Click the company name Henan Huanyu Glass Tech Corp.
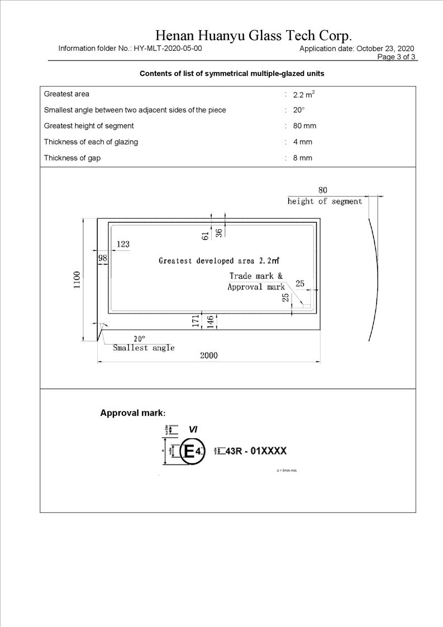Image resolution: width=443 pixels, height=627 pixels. point(253,36)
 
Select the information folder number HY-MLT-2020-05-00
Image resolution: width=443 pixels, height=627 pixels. point(168,49)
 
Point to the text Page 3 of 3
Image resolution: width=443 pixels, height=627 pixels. point(397,56)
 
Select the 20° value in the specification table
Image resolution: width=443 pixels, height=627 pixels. point(298,110)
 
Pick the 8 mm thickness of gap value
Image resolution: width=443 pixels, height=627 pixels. point(303,158)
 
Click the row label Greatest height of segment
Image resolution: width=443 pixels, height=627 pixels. point(89,126)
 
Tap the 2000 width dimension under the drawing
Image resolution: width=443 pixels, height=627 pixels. point(209,355)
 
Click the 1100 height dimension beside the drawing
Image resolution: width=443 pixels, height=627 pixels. point(77,279)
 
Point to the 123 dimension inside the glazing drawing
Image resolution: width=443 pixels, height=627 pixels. point(123,244)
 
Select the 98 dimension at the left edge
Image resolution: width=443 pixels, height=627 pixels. point(102,258)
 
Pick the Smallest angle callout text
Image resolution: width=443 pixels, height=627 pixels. point(144,348)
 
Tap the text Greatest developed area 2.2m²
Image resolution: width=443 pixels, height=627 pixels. point(219,260)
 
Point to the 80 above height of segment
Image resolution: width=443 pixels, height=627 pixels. point(323,190)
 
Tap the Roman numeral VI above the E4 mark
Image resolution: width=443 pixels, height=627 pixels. point(193,429)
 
